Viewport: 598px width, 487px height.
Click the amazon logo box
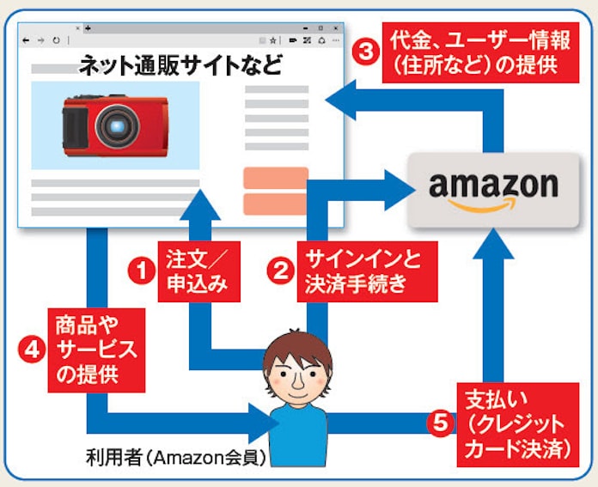click(493, 190)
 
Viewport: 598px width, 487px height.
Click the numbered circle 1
click(138, 271)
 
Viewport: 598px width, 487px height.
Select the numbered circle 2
click(278, 271)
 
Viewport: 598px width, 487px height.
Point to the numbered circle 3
click(364, 52)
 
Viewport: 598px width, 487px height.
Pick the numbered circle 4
click(30, 350)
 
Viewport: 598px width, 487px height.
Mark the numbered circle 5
click(440, 423)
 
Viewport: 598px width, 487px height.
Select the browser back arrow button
click(25, 40)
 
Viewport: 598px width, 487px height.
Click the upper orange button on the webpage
click(276, 177)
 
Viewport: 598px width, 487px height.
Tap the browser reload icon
click(56, 40)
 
